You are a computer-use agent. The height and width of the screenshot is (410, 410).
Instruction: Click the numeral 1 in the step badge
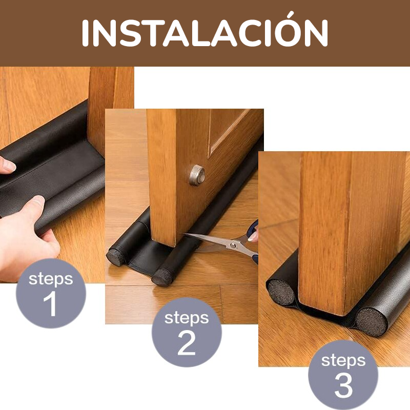pos(50,304)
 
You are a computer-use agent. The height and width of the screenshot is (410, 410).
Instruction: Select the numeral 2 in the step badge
pos(187,342)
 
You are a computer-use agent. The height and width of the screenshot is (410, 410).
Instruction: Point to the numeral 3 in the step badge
pos(343,385)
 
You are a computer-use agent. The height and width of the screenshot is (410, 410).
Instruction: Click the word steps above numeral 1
pos(51,279)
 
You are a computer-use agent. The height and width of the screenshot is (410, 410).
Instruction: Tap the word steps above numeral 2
pos(187,318)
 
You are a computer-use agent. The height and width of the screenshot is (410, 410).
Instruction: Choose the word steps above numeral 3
pos(343,361)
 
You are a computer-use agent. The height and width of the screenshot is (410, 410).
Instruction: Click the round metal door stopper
pos(197,175)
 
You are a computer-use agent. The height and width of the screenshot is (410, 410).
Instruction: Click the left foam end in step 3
pos(281,293)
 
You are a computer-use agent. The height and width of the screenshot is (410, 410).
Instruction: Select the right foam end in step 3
pos(372,322)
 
